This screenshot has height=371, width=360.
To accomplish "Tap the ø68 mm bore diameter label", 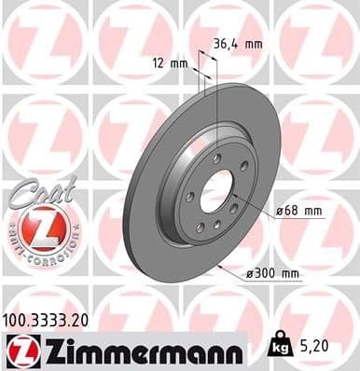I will point(298,211).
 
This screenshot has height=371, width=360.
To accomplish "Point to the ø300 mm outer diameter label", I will point(274,273).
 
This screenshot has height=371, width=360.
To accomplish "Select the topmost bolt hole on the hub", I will point(216,160).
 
